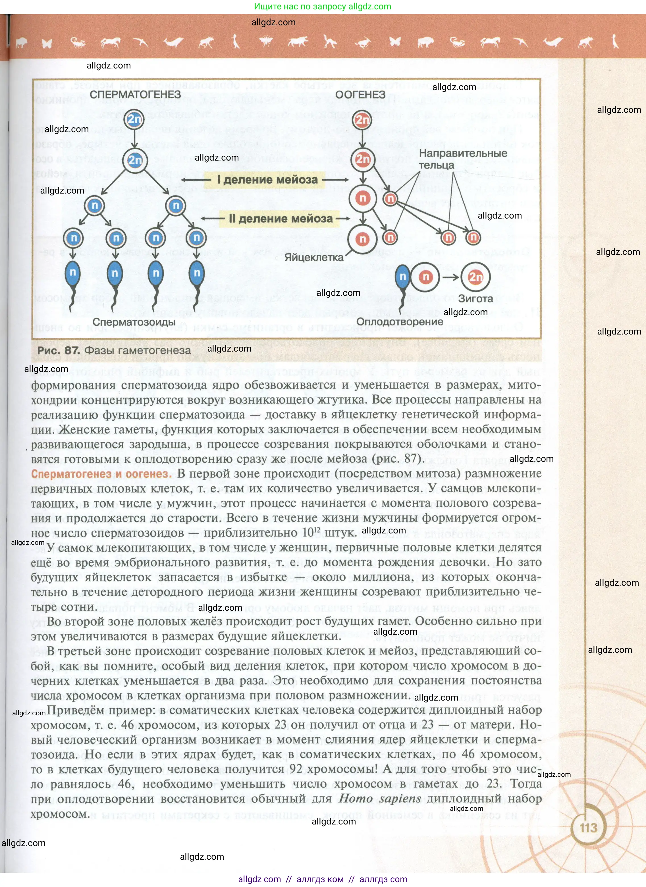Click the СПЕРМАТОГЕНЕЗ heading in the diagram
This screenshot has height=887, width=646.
pos(135,94)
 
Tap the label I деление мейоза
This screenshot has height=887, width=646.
pos(267,180)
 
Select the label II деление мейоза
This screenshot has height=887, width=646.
pos(281,219)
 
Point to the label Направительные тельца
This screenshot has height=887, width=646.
pos(463,159)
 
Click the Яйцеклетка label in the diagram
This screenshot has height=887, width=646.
pos(313,257)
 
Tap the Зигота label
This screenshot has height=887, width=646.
pos(475,299)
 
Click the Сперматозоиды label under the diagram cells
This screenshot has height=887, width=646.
pos(134,322)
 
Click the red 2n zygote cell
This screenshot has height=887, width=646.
pos(475,277)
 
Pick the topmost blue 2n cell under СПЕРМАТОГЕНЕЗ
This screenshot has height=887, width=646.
pos(134,119)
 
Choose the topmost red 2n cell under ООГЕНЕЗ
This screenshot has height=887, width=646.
pos(362,120)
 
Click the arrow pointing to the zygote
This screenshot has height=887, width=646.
pos(450,277)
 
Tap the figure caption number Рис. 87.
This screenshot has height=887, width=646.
pos(58,350)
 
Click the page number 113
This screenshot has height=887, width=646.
pos(588,828)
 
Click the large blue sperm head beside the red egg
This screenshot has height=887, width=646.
pos(402,277)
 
